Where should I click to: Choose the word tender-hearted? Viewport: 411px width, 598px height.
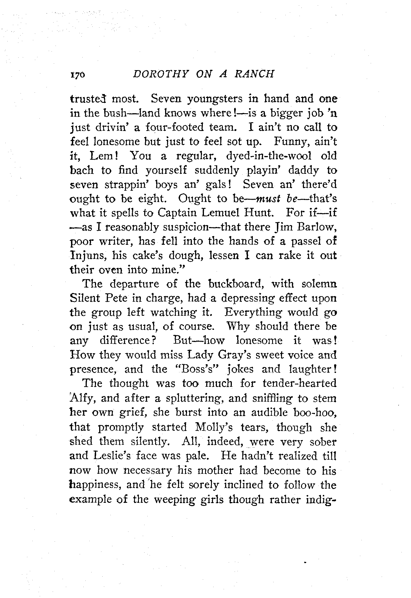(299, 383)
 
